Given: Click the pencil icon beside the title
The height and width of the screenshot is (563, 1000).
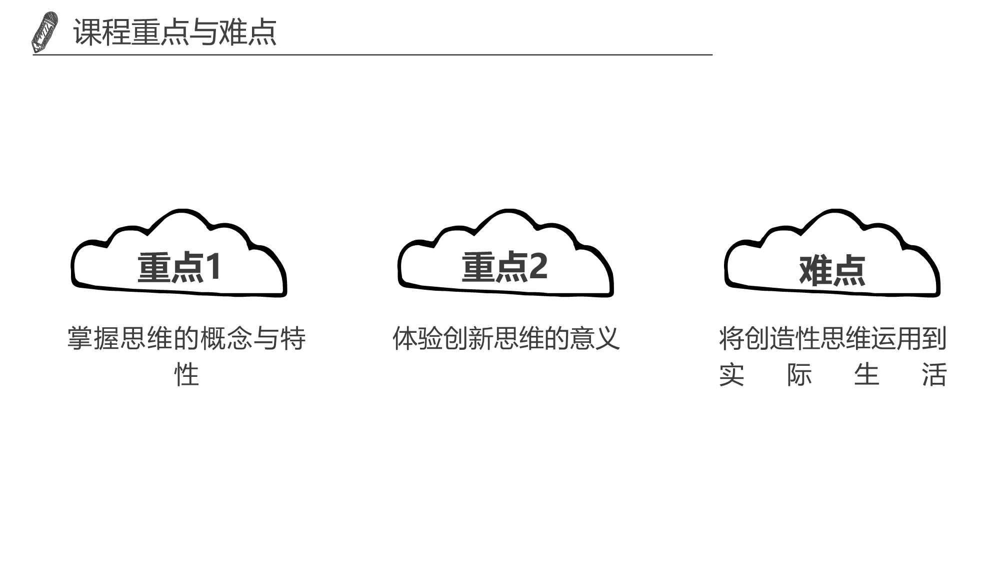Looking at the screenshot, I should (x=44, y=33).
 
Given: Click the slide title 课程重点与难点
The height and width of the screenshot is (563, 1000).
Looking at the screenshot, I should (x=174, y=33).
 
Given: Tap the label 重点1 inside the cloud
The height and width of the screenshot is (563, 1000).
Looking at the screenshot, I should (x=179, y=267).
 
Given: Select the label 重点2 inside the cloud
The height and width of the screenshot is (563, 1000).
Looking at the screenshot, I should (x=504, y=267).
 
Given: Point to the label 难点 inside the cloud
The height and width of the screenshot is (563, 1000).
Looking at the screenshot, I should (x=832, y=270).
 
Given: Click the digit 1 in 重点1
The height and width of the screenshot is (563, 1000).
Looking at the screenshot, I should (x=213, y=266).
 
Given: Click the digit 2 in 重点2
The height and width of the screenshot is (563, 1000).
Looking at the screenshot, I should (x=538, y=266).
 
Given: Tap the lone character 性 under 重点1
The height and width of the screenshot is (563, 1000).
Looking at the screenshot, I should (x=186, y=374).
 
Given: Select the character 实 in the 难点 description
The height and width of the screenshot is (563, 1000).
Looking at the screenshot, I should (x=731, y=374).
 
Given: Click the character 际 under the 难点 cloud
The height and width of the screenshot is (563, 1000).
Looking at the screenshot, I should (x=799, y=374).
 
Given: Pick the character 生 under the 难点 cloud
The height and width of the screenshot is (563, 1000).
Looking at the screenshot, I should (x=866, y=374).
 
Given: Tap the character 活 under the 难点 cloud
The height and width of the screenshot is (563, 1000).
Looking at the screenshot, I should (x=934, y=374).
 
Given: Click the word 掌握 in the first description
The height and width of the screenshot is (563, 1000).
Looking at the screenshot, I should (x=93, y=338).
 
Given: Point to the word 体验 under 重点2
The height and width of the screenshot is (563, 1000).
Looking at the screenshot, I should (x=417, y=338).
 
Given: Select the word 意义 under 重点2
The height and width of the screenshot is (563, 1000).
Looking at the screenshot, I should (x=594, y=338).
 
